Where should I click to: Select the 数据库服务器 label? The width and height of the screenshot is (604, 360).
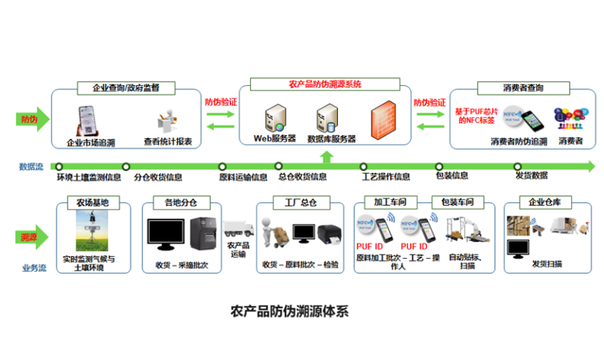[x=331, y=138]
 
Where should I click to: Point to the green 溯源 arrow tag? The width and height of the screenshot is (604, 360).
[x=31, y=236]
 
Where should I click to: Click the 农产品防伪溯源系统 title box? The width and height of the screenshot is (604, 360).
[x=325, y=84]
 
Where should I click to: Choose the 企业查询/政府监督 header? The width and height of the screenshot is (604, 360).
[x=128, y=89]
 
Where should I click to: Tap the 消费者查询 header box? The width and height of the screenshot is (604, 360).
[x=523, y=88]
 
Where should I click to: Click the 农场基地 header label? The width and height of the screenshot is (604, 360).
[x=87, y=202]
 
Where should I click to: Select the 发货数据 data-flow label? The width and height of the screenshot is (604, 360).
[x=531, y=177]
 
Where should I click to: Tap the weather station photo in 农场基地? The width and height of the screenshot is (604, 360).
[x=88, y=232]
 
